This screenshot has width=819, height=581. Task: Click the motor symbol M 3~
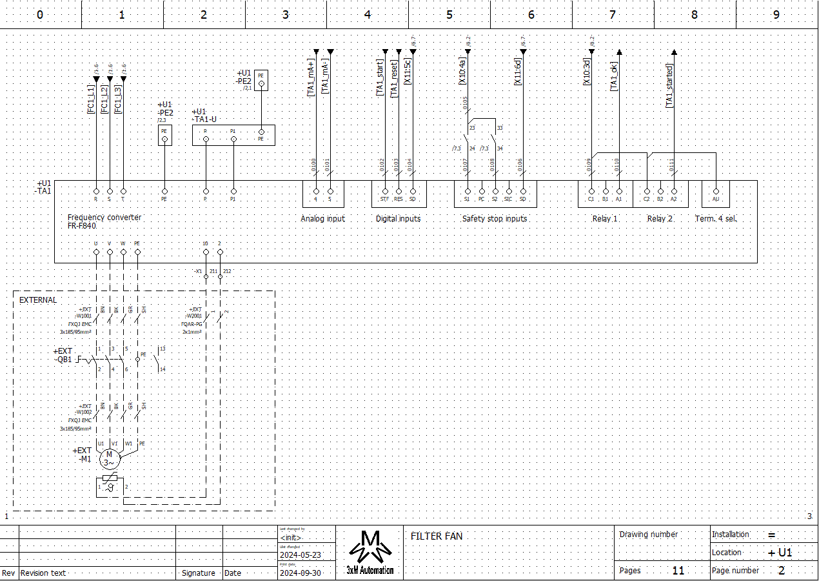[x=109, y=459]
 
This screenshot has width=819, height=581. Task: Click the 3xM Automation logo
[x=370, y=552]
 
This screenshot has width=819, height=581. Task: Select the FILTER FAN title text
[x=437, y=536]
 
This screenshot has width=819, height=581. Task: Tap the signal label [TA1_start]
[x=380, y=79]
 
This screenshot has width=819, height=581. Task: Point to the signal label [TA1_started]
[x=669, y=86]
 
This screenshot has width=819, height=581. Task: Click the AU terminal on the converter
[x=715, y=191]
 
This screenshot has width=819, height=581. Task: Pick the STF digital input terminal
[x=385, y=191]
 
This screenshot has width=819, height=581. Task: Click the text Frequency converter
[x=104, y=218]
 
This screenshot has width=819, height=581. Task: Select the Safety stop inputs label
[x=495, y=219]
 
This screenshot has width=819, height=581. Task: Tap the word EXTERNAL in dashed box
[x=38, y=300]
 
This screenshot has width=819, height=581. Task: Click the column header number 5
[x=449, y=14]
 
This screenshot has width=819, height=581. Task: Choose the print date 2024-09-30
[x=300, y=573]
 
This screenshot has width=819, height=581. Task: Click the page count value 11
[x=678, y=570]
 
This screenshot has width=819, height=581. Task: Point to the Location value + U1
[x=780, y=553]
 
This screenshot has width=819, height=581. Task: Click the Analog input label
[x=322, y=219]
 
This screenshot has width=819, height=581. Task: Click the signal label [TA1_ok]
[x=615, y=76]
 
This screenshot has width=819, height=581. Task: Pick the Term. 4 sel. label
[x=715, y=219]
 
